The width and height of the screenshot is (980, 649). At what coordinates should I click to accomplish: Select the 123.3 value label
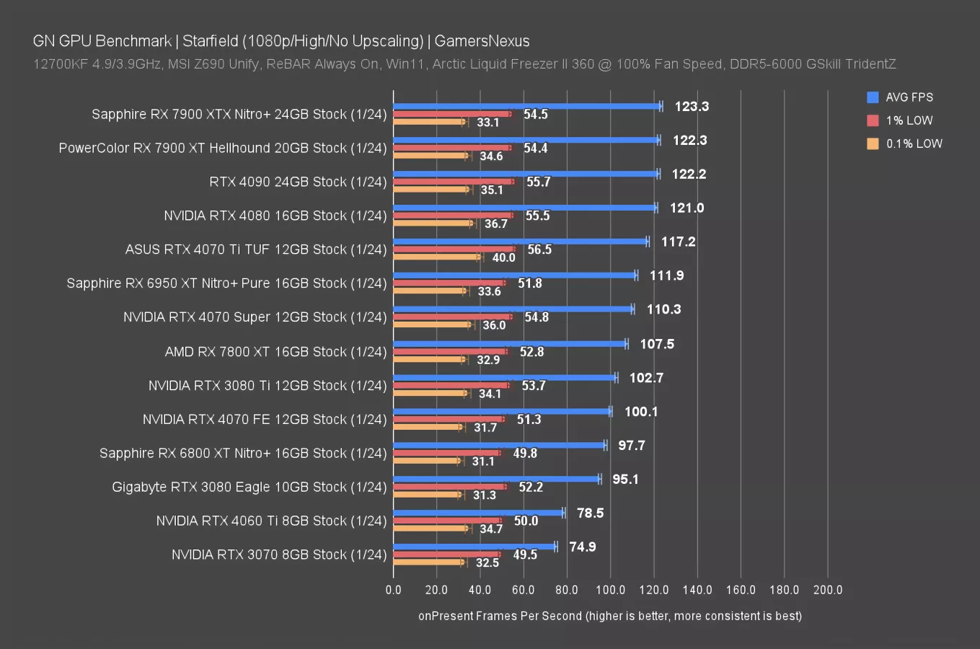692,107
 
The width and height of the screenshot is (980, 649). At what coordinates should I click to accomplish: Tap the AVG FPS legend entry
909,97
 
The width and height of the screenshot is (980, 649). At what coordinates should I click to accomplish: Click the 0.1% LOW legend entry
914,144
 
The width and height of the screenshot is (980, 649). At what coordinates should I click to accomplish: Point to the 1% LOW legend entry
909,120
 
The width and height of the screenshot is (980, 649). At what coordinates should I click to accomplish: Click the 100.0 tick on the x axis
610,590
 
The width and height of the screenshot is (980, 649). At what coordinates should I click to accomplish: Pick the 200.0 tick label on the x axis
827,590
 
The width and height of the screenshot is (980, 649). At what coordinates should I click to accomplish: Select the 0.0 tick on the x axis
393,590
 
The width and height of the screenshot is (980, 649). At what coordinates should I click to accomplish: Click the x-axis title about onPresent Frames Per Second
610,616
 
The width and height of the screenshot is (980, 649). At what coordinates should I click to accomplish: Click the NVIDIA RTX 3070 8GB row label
279,555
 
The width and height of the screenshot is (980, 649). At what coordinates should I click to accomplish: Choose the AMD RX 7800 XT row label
275,352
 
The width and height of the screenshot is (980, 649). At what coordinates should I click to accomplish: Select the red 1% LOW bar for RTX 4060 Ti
447,520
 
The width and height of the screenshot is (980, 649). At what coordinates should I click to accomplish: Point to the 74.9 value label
583,547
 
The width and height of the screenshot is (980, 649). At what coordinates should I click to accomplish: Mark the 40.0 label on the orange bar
504,257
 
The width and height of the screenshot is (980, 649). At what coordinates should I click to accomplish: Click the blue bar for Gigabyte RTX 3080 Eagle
496,479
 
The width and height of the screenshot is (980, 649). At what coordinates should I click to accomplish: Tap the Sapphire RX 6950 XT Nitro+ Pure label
226,283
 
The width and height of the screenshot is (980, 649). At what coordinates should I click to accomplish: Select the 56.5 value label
539,250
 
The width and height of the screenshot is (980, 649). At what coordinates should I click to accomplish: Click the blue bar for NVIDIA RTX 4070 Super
513,309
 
